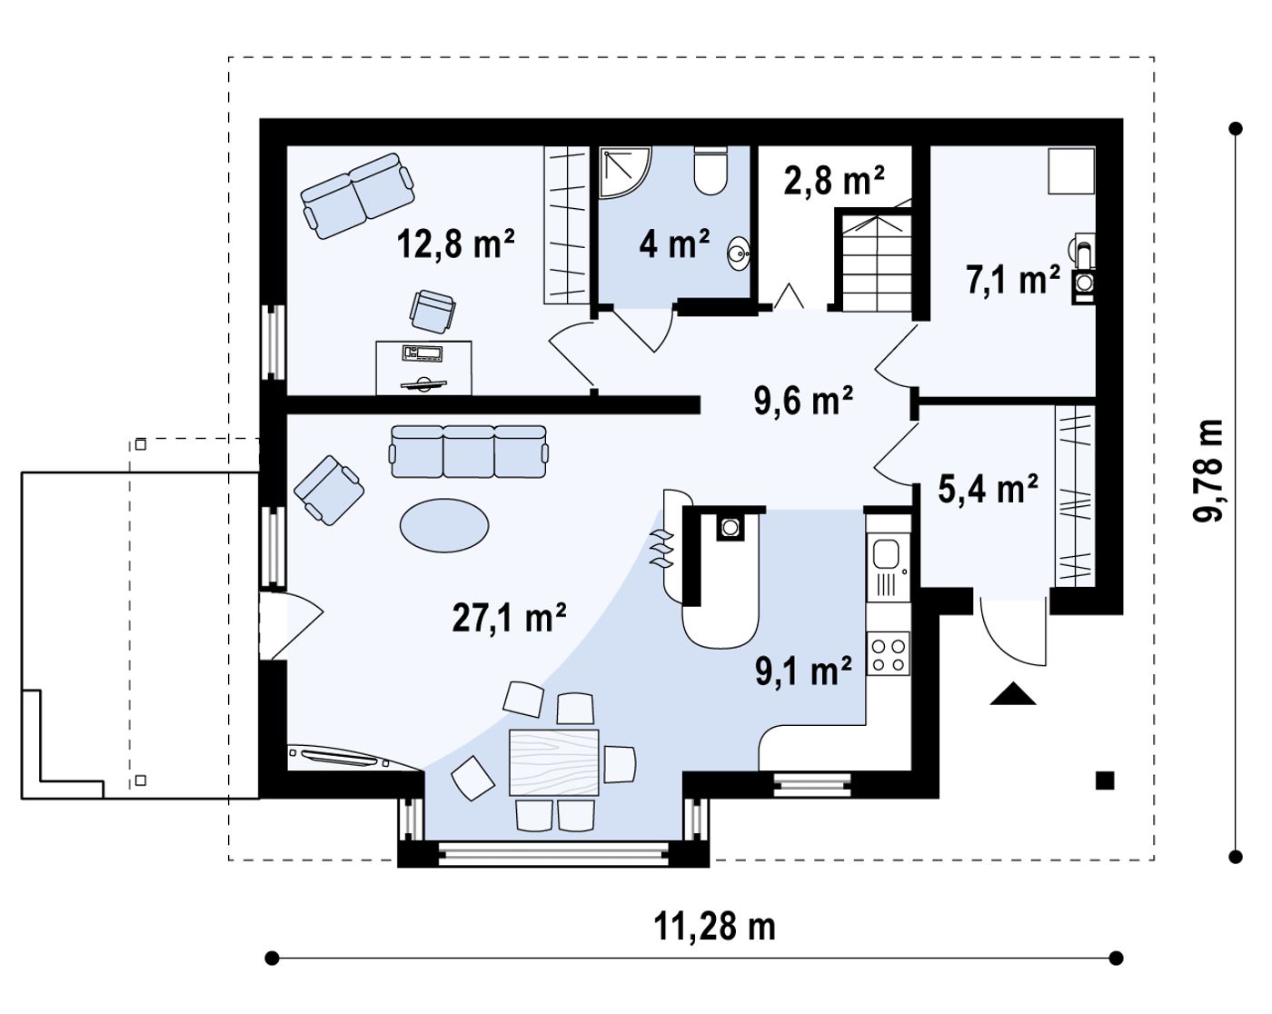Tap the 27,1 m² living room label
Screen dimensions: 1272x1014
pyautogui.click(x=509, y=617)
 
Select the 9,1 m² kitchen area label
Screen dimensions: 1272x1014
pyautogui.click(x=803, y=671)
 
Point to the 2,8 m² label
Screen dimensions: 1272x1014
pyautogui.click(x=834, y=180)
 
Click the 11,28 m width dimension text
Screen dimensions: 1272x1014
pyautogui.click(x=714, y=927)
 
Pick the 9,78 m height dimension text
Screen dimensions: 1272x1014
pyautogui.click(x=1207, y=472)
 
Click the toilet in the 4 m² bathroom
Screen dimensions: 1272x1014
pyautogui.click(x=710, y=170)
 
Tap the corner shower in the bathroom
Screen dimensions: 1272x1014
pyautogui.click(x=625, y=172)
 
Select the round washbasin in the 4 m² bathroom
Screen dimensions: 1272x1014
pyautogui.click(x=739, y=254)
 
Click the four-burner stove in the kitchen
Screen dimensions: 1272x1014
pyautogui.click(x=888, y=654)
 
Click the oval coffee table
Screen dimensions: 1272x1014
pyautogui.click(x=444, y=525)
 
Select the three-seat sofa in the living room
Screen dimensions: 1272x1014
pyautogui.click(x=469, y=452)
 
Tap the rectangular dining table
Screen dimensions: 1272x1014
pyautogui.click(x=554, y=762)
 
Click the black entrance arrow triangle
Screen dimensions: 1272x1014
pyautogui.click(x=1013, y=693)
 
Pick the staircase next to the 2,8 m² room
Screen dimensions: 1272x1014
pyautogui.click(x=874, y=260)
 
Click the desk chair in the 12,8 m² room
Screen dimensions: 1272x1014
pyautogui.click(x=432, y=312)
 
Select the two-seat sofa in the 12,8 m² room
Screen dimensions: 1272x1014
pyautogui.click(x=357, y=196)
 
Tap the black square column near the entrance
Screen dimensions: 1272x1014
pyautogui.click(x=1105, y=781)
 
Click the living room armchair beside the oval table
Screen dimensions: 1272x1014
pyautogui.click(x=329, y=490)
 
